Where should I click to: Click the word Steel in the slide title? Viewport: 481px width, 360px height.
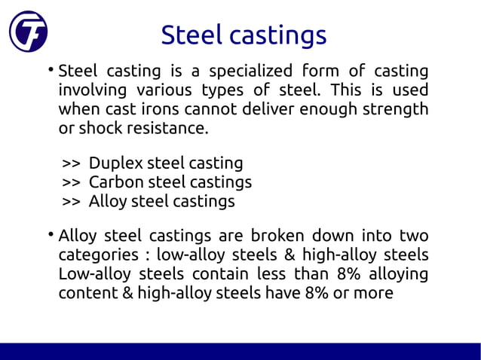(x=192, y=35)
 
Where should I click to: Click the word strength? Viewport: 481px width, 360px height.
(x=395, y=110)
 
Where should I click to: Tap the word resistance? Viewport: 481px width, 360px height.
(x=166, y=129)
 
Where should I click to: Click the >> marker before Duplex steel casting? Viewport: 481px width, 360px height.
(x=71, y=163)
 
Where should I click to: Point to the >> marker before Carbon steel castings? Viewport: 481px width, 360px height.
(x=71, y=183)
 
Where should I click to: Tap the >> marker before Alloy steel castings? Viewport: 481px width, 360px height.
(x=71, y=202)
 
